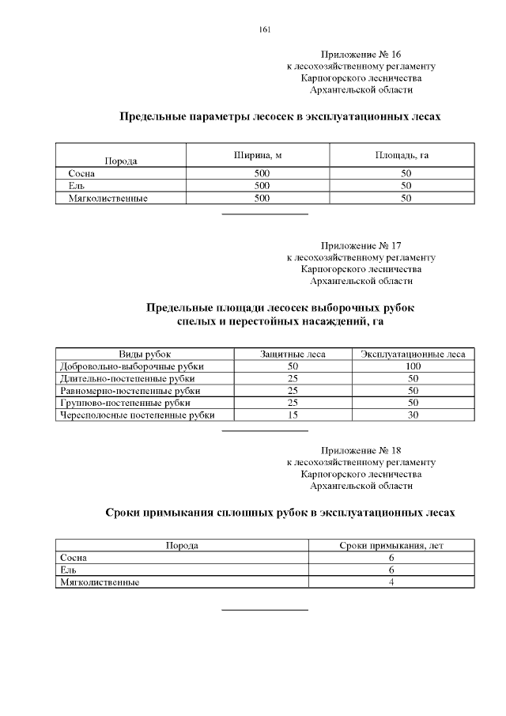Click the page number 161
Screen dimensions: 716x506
[x=265, y=30]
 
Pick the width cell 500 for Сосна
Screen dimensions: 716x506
[x=262, y=173]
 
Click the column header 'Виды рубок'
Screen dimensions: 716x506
[x=145, y=354]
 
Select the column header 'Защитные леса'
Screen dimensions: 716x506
[x=293, y=354]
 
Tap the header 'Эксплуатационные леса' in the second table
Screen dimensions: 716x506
[x=413, y=354]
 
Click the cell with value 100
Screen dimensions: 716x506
[x=413, y=366]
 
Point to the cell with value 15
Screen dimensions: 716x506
[x=293, y=415]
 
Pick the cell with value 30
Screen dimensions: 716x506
[x=413, y=415]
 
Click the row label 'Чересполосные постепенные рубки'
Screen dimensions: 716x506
[x=137, y=415]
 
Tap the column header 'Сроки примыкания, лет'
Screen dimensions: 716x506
[x=391, y=545]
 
